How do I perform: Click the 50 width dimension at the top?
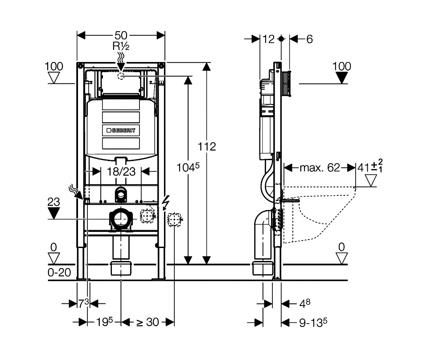[121, 35]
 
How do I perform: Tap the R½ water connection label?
[121, 46]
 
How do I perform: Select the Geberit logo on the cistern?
[121, 130]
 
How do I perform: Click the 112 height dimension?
[207, 147]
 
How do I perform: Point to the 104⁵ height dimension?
[188, 167]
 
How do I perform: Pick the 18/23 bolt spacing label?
[121, 171]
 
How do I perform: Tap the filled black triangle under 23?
[53, 213]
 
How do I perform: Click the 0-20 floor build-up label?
[59, 273]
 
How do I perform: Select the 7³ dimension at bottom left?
[83, 303]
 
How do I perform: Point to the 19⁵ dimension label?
[104, 322]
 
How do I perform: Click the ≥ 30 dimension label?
[147, 322]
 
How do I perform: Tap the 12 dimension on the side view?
[268, 39]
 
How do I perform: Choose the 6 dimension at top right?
[309, 39]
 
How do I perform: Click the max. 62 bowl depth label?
[320, 168]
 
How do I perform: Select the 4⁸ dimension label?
[305, 303]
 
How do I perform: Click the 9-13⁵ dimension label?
[313, 322]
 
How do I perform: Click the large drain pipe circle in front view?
[121, 218]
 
